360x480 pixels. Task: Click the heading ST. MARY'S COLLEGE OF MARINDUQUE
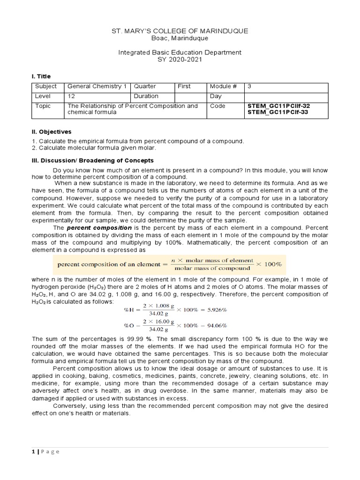coord(180,31)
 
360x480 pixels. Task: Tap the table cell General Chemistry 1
coord(97,87)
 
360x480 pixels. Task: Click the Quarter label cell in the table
coord(145,87)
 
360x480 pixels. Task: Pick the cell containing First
coord(184,87)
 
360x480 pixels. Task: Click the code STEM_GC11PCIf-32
coord(278,106)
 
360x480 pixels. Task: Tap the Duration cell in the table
coord(147,96)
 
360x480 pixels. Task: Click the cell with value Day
coord(217,96)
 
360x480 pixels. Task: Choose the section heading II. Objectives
coord(51,132)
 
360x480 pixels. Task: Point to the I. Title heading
coord(41,76)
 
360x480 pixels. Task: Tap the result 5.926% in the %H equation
coord(204,310)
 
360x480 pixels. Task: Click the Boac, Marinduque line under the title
coord(180,38)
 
